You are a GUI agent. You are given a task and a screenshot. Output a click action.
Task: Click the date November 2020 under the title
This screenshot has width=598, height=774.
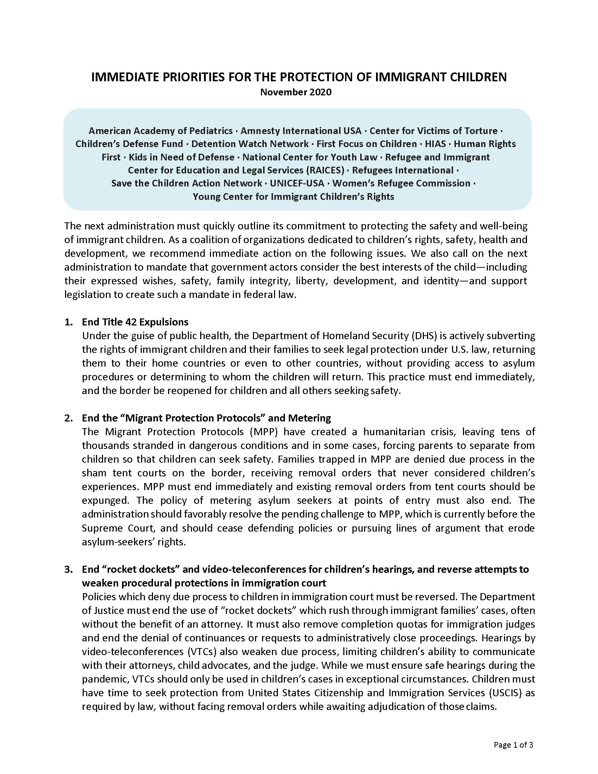click(x=296, y=92)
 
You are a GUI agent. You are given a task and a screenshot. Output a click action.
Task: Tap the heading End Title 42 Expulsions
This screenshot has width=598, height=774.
click(x=135, y=322)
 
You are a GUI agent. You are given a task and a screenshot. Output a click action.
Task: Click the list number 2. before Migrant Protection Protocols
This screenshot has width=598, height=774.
click(x=68, y=418)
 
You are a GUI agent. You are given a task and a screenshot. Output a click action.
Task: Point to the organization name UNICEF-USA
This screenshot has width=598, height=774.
click(x=297, y=183)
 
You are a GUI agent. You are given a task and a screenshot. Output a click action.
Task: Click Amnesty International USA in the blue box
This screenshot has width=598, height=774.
click(x=301, y=131)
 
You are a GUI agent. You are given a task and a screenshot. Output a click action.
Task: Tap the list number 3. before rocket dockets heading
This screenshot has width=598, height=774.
click(x=68, y=570)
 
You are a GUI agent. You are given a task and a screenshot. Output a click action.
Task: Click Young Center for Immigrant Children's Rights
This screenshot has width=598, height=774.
click(x=293, y=197)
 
